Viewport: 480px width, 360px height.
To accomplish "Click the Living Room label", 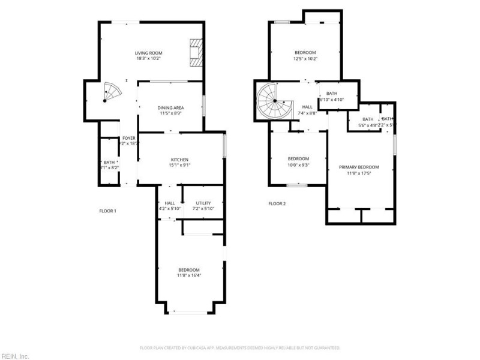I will [x=148, y=53].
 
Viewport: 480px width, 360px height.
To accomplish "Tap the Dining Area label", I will [x=171, y=107].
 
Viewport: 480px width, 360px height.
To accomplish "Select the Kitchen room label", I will [x=181, y=160].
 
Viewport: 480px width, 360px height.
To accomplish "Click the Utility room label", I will [x=203, y=203].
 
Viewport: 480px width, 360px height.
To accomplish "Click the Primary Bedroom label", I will [x=359, y=167].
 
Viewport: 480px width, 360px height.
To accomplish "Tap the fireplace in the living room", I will [x=195, y=53].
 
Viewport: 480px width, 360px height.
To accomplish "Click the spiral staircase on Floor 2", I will [x=275, y=101].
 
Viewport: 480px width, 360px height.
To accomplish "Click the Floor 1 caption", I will [x=107, y=211].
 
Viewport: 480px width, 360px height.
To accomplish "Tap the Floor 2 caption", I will [x=277, y=203].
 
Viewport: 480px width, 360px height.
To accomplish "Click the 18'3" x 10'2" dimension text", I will [x=148, y=59].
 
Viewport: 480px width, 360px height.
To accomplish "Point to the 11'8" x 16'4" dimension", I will [x=188, y=275].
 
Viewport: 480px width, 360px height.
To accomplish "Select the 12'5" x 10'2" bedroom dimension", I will [x=305, y=59].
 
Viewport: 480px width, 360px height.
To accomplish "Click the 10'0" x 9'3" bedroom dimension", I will [x=298, y=164].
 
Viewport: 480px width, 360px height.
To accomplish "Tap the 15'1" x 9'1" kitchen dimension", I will [x=181, y=165].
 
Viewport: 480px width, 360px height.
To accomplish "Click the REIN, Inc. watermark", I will [x=14, y=356].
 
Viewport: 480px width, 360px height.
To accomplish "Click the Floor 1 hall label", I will [x=170, y=203].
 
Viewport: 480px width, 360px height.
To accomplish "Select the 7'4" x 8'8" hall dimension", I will [x=307, y=113].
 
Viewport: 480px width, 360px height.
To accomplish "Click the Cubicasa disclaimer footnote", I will [x=240, y=347].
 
